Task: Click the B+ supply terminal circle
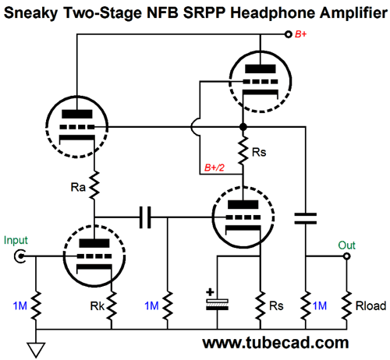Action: pyautogui.click(x=288, y=34)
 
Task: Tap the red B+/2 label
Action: pyautogui.click(x=214, y=168)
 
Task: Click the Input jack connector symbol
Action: pyautogui.click(x=19, y=256)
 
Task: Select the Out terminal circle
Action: pyautogui.click(x=346, y=256)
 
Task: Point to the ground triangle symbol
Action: pyautogui.click(x=36, y=350)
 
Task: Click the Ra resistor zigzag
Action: pyautogui.click(x=94, y=185)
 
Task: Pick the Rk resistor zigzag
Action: pyautogui.click(x=112, y=305)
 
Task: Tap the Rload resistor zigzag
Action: pyautogui.click(x=346, y=305)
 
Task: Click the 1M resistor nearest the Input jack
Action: pyautogui.click(x=36, y=305)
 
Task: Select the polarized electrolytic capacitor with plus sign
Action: pyautogui.click(x=217, y=302)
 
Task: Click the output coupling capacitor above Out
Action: pyautogui.click(x=306, y=218)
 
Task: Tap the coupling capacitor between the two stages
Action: pyautogui.click(x=145, y=217)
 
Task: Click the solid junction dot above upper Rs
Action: pyautogui.click(x=243, y=127)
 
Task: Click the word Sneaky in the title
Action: pyautogui.click(x=30, y=13)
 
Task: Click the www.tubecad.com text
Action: pyautogui.click(x=275, y=343)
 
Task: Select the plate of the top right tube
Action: pyautogui.click(x=261, y=69)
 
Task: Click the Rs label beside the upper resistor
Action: pyautogui.click(x=259, y=152)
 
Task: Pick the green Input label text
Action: pyautogui.click(x=16, y=240)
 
